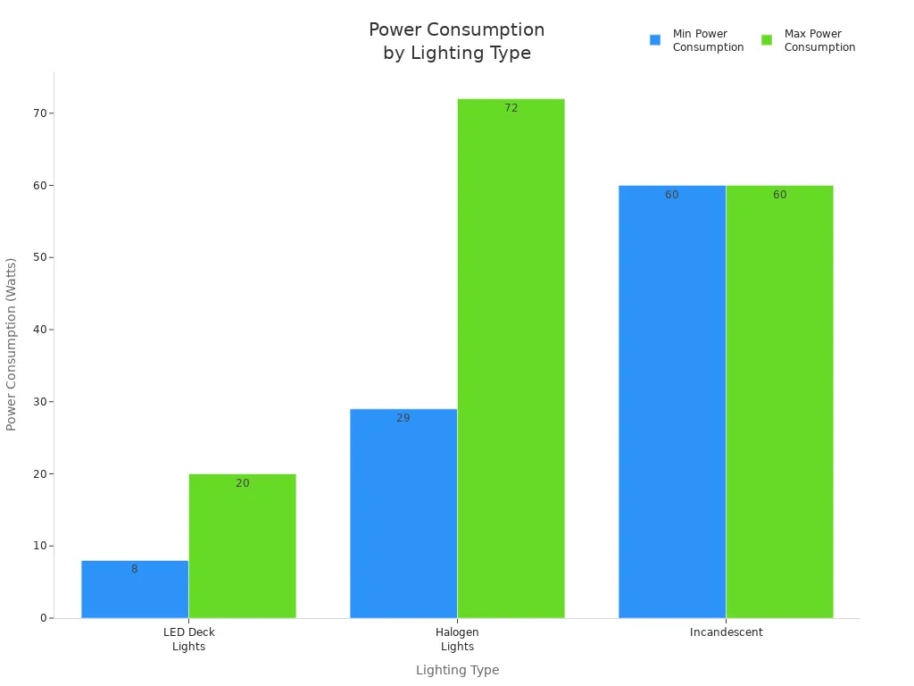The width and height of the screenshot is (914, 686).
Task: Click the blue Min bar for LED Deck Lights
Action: point(135,590)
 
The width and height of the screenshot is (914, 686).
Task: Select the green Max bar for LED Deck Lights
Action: point(242,546)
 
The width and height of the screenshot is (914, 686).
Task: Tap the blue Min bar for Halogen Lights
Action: point(403,514)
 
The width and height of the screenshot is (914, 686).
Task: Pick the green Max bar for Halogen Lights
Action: point(511,358)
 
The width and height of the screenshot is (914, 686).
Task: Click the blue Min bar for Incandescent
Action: point(672,402)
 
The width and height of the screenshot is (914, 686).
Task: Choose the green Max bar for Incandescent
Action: point(779,402)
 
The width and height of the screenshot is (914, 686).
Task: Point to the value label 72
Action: point(511,108)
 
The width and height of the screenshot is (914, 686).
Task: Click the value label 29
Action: point(403,418)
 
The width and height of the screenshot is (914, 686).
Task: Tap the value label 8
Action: point(135,569)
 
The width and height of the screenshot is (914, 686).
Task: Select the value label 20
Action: point(243,483)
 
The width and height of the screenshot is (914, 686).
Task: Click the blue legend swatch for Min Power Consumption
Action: point(655,40)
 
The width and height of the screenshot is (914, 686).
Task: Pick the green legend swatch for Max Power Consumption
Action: point(767,40)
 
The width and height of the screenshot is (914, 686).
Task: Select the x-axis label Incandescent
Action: point(726,632)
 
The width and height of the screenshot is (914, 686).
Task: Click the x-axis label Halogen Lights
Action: point(457,640)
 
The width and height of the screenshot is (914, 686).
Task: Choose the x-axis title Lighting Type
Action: point(457,670)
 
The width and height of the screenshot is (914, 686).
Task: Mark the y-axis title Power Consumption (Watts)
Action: point(12,344)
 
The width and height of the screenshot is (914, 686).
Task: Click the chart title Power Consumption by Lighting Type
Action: point(457,41)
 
